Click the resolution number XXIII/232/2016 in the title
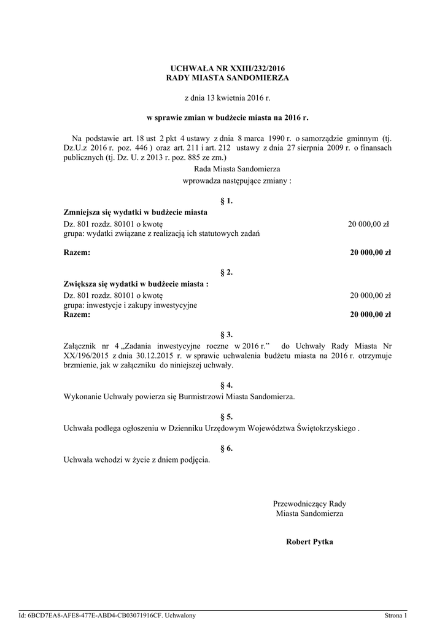(252, 68)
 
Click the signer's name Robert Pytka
(309, 542)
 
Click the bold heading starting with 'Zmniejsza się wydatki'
(136, 213)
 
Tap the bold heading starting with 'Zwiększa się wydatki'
(136, 284)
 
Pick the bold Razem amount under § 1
(371, 252)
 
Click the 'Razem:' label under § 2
(77, 315)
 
